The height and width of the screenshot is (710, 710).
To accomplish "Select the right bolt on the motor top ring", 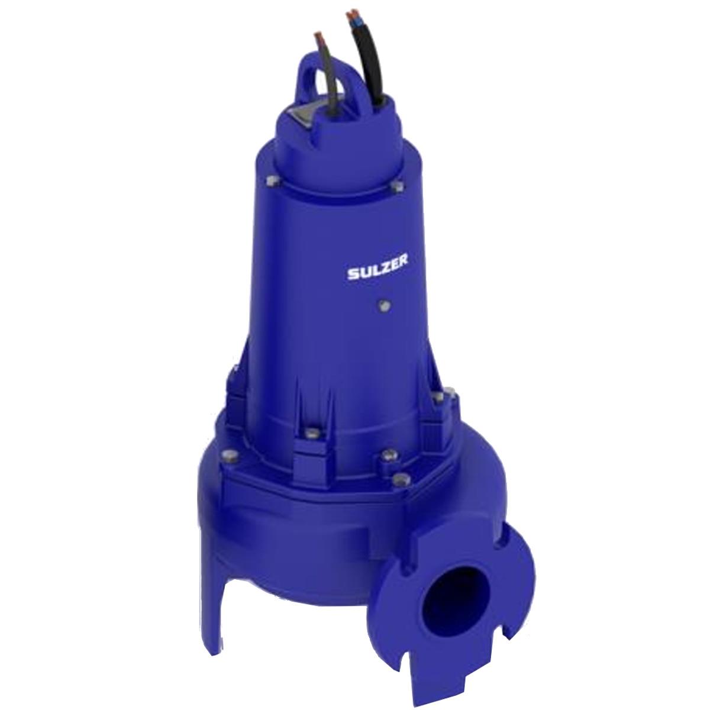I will coord(397,186).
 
